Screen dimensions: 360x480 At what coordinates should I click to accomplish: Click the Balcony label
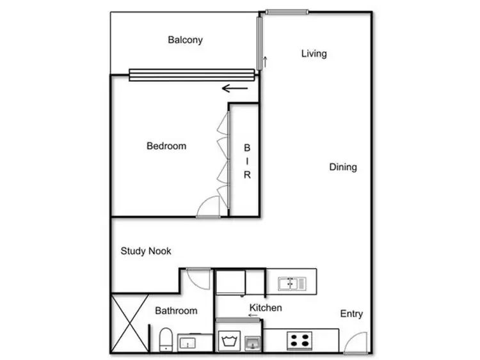[185, 40]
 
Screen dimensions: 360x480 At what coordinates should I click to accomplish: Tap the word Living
[314, 54]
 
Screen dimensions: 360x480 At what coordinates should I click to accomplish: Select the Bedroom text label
[166, 146]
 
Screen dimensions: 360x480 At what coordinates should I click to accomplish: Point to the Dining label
[343, 167]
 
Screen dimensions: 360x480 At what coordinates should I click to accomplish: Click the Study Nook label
[146, 251]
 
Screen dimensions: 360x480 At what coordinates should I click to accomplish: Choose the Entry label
[351, 313]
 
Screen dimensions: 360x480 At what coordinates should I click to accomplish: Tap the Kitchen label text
[266, 308]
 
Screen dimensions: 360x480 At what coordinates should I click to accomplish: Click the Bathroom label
[176, 311]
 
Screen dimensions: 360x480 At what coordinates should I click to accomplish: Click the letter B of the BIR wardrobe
[246, 148]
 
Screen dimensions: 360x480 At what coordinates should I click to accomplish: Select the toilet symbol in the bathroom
[164, 339]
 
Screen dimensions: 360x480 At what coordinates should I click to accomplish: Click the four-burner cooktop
[298, 340]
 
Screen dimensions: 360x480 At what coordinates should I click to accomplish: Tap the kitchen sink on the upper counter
[293, 282]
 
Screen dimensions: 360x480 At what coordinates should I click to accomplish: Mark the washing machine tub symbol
[228, 340]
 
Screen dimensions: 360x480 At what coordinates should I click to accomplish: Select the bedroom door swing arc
[209, 207]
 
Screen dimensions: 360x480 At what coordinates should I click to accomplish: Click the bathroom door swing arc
[198, 278]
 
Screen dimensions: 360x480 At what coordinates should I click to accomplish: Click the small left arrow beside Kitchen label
[253, 315]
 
